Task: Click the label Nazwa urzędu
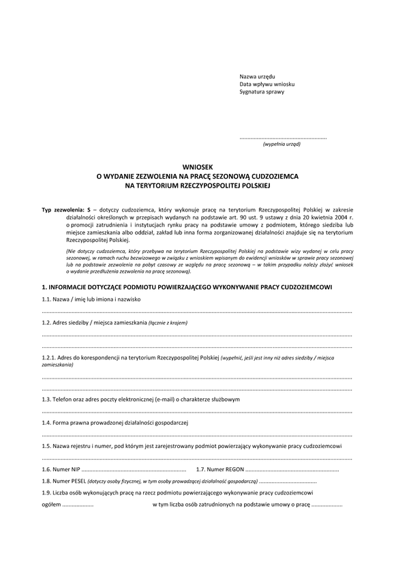coord(257,76)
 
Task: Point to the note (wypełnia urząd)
coord(282,145)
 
